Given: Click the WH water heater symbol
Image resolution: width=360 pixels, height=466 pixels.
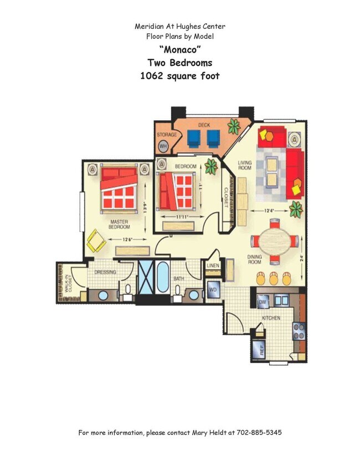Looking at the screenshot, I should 163,146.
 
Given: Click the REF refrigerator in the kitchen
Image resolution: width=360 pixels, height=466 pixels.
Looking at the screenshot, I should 258,350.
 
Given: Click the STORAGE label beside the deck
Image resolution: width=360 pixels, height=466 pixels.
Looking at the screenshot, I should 167,135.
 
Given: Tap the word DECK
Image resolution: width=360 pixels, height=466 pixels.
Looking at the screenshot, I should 204,125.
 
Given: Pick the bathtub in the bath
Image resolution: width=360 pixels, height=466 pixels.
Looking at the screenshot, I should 162,277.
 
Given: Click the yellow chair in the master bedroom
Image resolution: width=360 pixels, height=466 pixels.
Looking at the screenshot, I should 96,240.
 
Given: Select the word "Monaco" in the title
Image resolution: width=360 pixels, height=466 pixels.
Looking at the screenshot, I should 179,49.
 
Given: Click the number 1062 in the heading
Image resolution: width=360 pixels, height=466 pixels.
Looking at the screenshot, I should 152,76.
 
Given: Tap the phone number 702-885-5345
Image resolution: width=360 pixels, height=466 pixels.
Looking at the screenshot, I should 258,432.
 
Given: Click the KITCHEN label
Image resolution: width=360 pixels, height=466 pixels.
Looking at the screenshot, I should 271,318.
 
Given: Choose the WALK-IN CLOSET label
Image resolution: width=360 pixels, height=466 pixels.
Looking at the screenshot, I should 66,283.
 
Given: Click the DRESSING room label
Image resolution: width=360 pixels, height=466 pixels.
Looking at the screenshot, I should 105,272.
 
